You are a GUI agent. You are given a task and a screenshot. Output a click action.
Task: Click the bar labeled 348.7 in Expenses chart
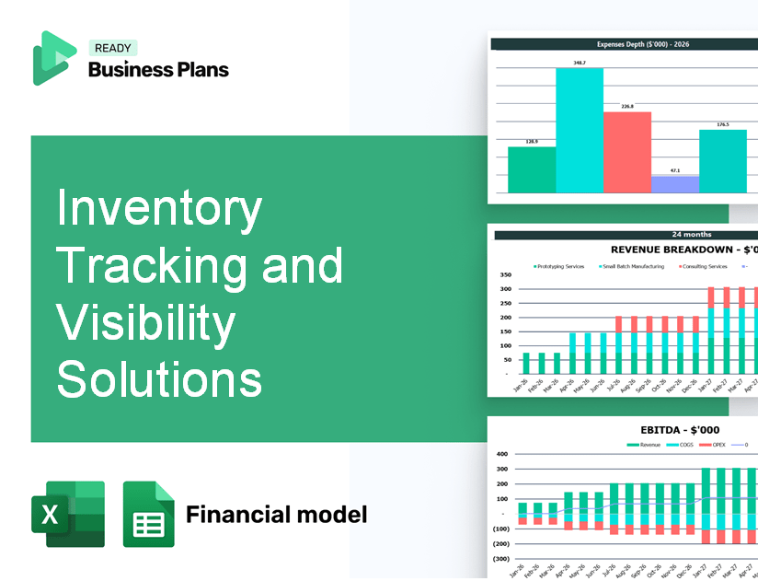tap(580, 130)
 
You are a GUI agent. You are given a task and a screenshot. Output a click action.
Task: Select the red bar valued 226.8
tap(627, 152)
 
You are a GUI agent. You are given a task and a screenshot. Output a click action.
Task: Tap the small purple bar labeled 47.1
tap(675, 184)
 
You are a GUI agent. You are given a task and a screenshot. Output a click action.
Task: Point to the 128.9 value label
tap(532, 141)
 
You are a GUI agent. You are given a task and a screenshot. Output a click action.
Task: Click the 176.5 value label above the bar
tap(723, 124)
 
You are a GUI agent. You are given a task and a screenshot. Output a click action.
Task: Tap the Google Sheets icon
tap(148, 514)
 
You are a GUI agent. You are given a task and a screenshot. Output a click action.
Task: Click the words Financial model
tap(276, 514)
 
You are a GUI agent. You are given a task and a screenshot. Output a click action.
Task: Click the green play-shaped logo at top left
tap(52, 57)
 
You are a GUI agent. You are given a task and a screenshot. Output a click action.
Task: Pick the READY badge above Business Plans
tap(112, 49)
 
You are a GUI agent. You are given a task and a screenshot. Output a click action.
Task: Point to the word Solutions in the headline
tap(159, 378)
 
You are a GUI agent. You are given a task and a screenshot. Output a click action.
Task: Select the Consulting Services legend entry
tap(705, 266)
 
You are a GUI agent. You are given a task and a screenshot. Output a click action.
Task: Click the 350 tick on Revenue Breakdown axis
tap(504, 275)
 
